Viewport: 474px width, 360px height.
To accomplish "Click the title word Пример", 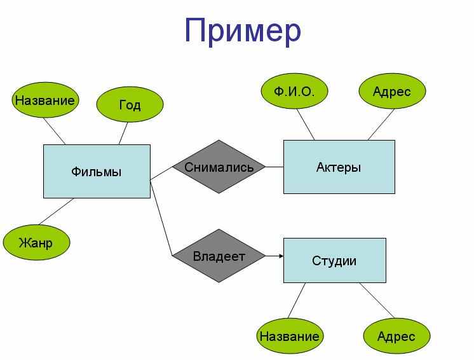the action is (243, 31).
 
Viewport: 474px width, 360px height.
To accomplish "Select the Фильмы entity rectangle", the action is (97, 171).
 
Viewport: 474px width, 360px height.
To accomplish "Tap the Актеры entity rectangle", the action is (339, 167).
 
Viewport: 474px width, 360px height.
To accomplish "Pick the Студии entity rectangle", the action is (335, 261).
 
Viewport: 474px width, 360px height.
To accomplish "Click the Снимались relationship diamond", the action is (219, 167).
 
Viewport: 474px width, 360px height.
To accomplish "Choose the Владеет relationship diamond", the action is (219, 256).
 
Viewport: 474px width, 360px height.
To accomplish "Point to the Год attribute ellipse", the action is (130, 104).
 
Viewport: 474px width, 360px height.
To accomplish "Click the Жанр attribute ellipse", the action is (36, 242).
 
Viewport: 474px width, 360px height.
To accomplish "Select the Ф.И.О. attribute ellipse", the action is (294, 91).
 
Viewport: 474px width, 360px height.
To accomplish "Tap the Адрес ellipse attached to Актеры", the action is (392, 91).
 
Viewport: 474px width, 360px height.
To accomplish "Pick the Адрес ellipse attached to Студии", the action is (396, 336).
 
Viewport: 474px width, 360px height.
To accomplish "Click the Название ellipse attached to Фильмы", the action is (45, 100).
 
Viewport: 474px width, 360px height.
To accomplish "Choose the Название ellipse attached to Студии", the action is (290, 336).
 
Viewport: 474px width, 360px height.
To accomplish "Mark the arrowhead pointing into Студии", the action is (281, 256).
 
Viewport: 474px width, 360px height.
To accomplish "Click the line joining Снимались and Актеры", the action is (274, 167).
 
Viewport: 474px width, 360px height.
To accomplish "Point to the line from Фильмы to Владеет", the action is (161, 218).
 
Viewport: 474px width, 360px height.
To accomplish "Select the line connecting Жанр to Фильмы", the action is (56, 211).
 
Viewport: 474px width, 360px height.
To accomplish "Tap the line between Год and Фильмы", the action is (123, 134).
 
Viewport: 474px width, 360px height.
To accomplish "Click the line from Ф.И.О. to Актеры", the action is (306, 124).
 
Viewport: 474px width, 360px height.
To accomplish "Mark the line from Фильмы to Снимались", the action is (161, 174).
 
